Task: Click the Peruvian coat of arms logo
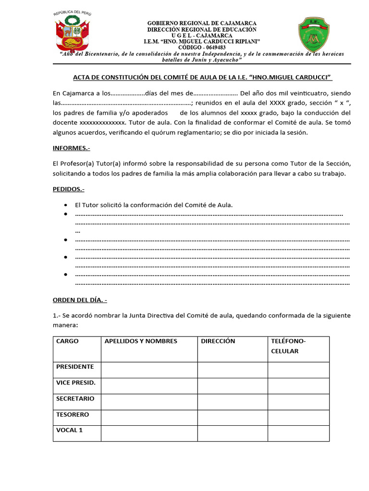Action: [74, 33]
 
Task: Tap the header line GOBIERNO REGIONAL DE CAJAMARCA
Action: [201, 23]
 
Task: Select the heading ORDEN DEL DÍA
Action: [80, 300]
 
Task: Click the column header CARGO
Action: [67, 341]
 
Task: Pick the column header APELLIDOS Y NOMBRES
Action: [141, 341]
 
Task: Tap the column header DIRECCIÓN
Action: [218, 341]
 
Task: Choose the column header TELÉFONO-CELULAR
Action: [288, 346]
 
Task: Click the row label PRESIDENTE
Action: [75, 367]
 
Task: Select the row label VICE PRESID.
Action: [75, 383]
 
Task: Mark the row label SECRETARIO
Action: [75, 398]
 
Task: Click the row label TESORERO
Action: [73, 414]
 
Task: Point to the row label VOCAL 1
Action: [70, 430]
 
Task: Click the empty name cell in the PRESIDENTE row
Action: [149, 370]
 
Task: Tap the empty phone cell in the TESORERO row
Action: [298, 417]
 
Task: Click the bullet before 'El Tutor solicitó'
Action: [65, 205]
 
